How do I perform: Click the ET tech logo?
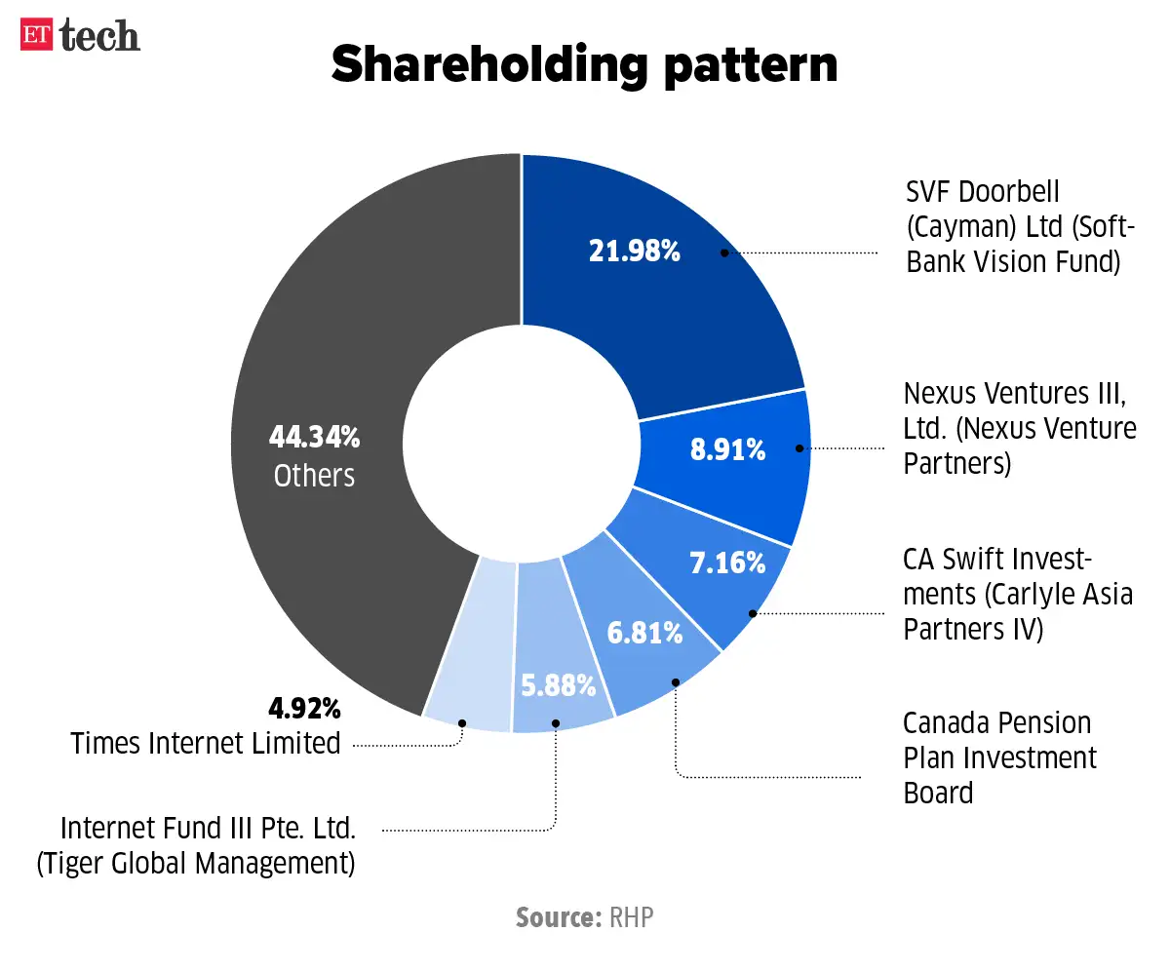pos(81,36)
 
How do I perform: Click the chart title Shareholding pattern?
pos(584,65)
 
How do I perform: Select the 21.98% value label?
pos(634,252)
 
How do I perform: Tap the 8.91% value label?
pos(727,450)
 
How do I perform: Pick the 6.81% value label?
pos(644,633)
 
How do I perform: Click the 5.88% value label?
pos(557,685)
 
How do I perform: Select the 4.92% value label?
pos(304,706)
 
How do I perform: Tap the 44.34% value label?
pos(314,438)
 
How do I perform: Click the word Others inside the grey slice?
pos(314,475)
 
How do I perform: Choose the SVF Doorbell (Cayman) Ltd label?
pos(1018,226)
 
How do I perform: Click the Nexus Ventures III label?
pos(1020,428)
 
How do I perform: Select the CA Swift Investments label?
pos(1018,594)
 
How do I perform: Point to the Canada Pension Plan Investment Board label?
pos(999,757)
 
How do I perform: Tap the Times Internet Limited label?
pos(206,743)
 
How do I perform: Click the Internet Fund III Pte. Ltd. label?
pos(208,845)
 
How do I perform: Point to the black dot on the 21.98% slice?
pos(724,252)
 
